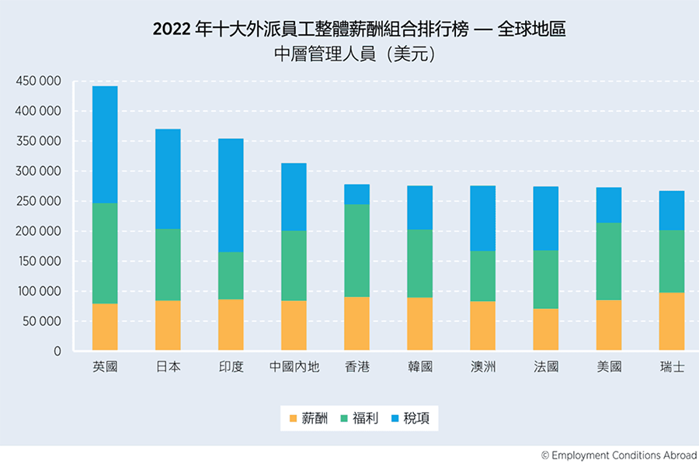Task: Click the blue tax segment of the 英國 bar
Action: tap(105, 145)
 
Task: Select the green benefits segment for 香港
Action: tap(356, 251)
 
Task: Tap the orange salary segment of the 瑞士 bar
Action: tap(671, 321)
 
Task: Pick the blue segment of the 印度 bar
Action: tap(231, 196)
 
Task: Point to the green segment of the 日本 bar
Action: tap(168, 265)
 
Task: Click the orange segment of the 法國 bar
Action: tap(546, 330)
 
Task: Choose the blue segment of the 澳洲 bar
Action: tap(483, 219)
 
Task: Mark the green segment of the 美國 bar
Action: tap(609, 261)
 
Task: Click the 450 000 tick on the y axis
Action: tap(38, 81)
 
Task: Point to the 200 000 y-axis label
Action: tap(38, 231)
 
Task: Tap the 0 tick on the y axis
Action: tap(57, 351)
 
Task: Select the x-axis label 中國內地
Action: tap(294, 366)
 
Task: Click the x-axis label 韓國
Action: tap(420, 366)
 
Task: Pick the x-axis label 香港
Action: tap(357, 366)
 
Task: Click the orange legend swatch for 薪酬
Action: tap(293, 418)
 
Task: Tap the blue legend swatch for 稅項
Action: tap(395, 418)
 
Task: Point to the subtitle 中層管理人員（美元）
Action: tap(355, 54)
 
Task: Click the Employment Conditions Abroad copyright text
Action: tap(619, 455)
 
